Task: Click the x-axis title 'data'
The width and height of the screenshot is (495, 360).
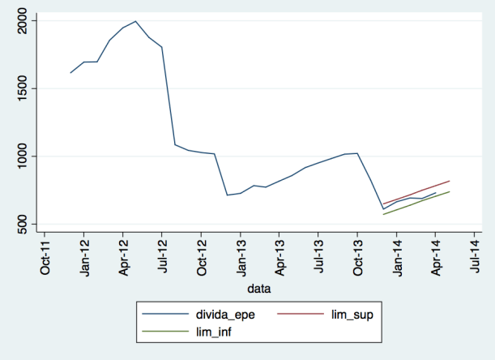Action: [x=259, y=288]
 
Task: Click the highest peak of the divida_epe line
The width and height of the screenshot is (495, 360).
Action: [x=135, y=21]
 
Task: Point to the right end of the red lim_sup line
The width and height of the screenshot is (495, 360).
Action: [x=449, y=181]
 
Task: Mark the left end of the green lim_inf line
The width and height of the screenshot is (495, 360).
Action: [x=383, y=215]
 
